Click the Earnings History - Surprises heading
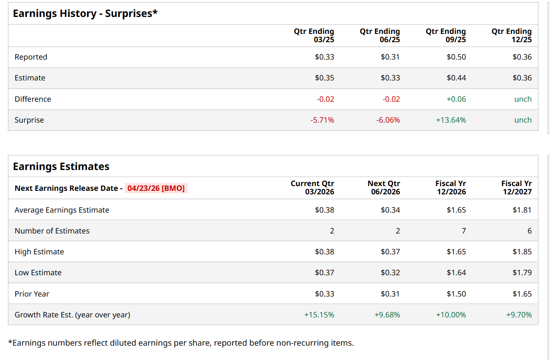coord(85,13)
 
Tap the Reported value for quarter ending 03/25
coord(324,57)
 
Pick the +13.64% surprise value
coord(451,120)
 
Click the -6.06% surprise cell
coord(388,120)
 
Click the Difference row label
coord(33,99)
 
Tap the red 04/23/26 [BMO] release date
coord(156,188)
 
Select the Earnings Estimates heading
coord(61,167)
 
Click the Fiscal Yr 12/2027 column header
coord(516,187)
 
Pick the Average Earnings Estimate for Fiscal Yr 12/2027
coord(522,210)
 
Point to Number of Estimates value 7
coord(464,231)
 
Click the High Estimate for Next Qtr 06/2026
coord(390,252)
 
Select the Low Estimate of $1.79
coord(522,273)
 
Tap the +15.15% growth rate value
coord(319,315)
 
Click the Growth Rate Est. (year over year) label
coord(72,315)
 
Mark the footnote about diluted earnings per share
coord(181,343)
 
